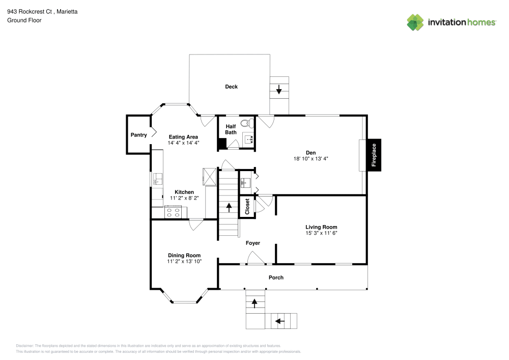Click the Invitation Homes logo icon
click(415, 22)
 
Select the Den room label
click(310, 152)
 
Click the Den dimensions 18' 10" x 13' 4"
click(310, 158)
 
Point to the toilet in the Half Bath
click(246, 123)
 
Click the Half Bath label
click(231, 129)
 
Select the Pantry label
click(138, 135)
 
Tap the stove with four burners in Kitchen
click(173, 212)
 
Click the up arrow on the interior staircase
click(229, 207)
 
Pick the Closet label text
click(247, 207)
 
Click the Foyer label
click(253, 243)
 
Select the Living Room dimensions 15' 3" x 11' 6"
click(321, 233)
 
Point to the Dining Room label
click(184, 255)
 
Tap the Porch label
click(276, 278)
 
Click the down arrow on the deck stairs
click(279, 91)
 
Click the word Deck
click(232, 87)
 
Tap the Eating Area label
click(183, 137)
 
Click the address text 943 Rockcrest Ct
click(31, 11)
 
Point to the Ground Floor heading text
click(24, 20)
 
